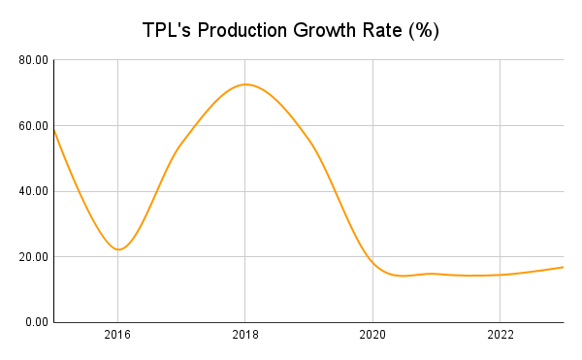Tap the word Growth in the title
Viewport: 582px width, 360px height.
(x=336, y=30)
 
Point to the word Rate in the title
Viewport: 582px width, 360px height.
(x=392, y=30)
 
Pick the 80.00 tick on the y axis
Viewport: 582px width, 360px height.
(x=34, y=60)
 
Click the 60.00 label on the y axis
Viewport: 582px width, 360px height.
(x=34, y=126)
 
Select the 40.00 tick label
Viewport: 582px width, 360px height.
(x=34, y=191)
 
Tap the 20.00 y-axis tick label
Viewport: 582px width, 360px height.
(x=34, y=257)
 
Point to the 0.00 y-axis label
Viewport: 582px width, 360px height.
(x=37, y=322)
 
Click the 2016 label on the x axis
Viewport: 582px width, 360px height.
(x=117, y=337)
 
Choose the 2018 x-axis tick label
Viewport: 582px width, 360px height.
(x=245, y=337)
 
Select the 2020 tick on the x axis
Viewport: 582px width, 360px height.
(x=372, y=337)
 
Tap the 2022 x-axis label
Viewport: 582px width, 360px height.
(x=500, y=337)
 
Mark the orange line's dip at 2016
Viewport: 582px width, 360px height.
(x=117, y=249)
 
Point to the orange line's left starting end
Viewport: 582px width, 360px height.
(x=54, y=128)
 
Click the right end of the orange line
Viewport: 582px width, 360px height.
(x=563, y=267)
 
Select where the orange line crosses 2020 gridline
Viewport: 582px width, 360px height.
(x=372, y=262)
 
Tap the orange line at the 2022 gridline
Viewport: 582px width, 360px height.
(x=500, y=275)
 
